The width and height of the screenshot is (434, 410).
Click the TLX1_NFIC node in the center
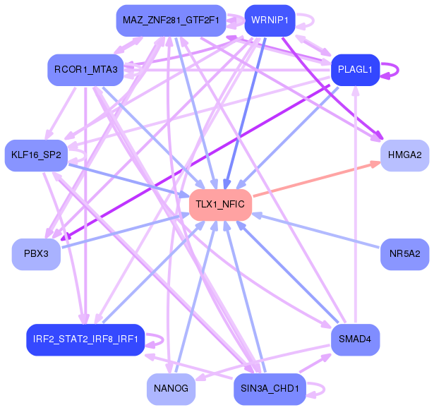[220, 205]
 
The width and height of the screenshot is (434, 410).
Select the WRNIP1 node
[270, 20]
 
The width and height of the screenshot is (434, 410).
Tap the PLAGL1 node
[356, 70]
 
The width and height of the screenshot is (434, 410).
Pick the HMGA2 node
[404, 155]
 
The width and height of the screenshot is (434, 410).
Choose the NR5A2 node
[404, 254]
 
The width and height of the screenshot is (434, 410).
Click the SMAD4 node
[356, 339]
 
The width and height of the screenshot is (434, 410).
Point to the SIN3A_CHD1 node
[270, 389]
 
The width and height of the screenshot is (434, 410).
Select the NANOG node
[171, 389]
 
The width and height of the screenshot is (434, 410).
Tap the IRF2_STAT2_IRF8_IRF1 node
[85, 339]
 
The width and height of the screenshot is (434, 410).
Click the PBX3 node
[36, 254]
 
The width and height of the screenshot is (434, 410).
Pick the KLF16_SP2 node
[36, 155]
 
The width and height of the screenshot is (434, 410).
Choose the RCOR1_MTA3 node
[85, 70]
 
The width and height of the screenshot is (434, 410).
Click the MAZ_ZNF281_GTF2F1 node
[171, 20]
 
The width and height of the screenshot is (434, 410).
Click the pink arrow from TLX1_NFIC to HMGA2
[317, 179]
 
